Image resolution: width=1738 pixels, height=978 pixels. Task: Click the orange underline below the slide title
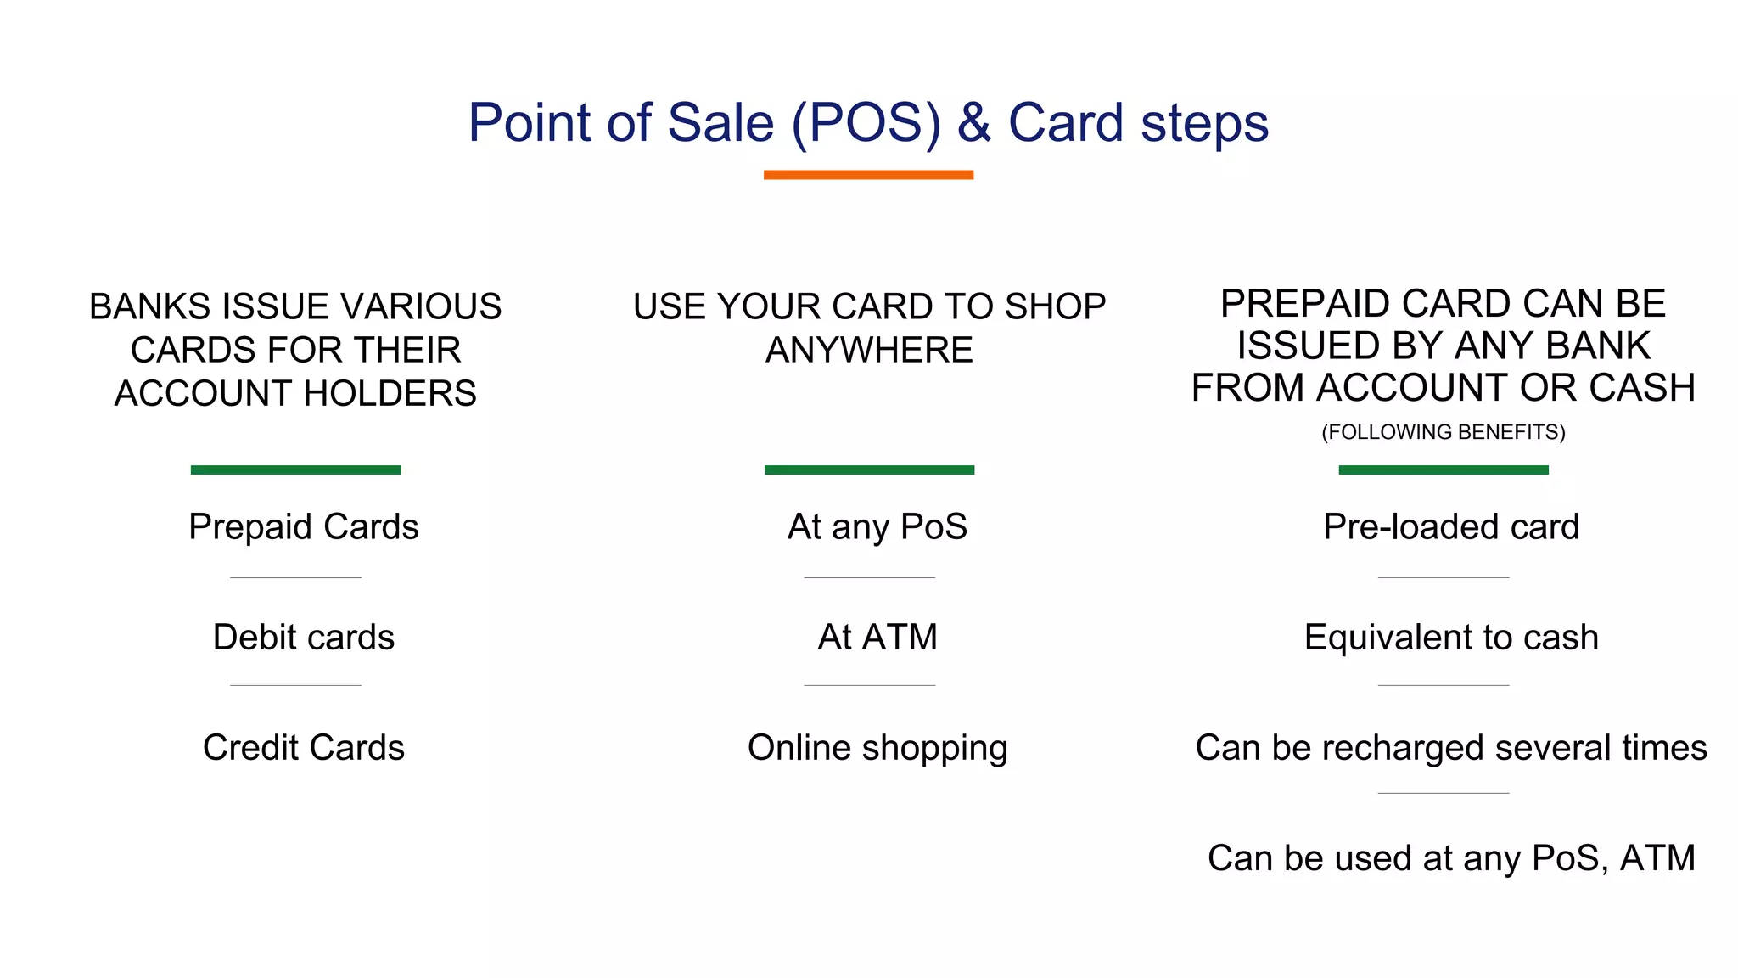[x=868, y=175]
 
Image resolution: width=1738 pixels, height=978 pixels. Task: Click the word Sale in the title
[x=720, y=123]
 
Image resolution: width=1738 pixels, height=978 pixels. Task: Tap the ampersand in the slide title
[x=973, y=123]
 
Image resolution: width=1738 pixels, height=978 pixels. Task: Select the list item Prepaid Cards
[x=304, y=527]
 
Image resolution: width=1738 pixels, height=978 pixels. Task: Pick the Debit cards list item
[x=304, y=638]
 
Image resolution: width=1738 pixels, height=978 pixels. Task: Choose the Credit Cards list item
[x=304, y=748]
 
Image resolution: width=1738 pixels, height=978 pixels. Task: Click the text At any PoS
[x=877, y=527]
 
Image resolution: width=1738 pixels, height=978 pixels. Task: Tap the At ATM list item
[x=877, y=638]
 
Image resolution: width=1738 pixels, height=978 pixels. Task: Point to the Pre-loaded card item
[x=1451, y=527]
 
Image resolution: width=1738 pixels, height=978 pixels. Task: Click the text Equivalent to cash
[x=1451, y=638]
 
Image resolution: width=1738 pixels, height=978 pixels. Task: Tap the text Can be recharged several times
[x=1451, y=748]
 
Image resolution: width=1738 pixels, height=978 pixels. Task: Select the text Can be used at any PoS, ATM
[x=1451, y=858]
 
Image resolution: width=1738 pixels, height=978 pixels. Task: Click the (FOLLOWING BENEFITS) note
[x=1444, y=432]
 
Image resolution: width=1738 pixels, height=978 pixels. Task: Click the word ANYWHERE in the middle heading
[x=869, y=351]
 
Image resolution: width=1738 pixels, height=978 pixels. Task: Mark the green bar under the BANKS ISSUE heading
[x=295, y=469]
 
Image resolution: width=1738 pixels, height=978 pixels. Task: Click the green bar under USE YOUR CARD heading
[x=869, y=469]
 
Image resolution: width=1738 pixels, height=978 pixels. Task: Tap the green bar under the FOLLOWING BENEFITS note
[x=1444, y=469]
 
